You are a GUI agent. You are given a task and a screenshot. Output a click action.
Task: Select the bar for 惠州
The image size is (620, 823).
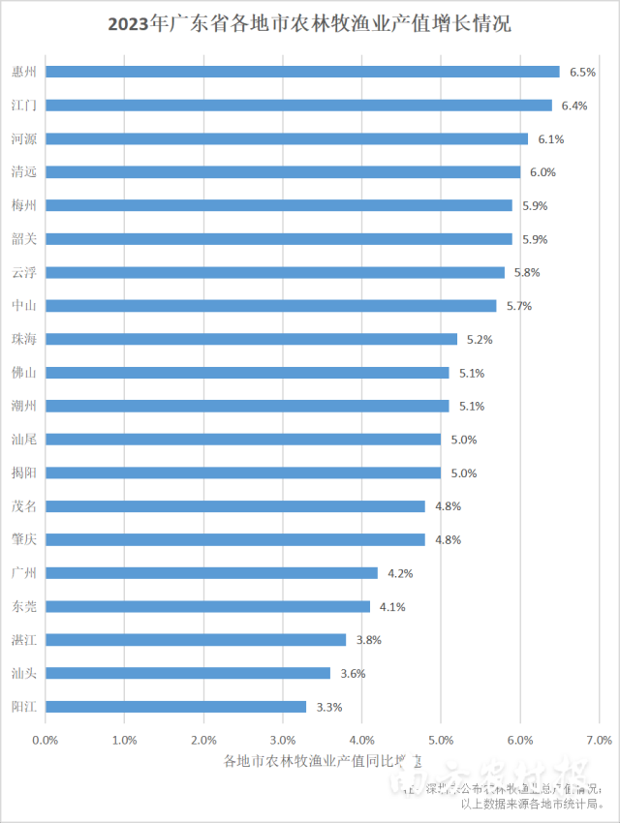click(x=302, y=72)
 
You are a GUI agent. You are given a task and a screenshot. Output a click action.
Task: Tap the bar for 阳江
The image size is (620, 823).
click(x=175, y=707)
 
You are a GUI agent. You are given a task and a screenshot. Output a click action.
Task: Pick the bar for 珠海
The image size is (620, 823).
click(x=251, y=339)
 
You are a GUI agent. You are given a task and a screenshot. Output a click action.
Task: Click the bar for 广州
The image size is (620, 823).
click(x=211, y=573)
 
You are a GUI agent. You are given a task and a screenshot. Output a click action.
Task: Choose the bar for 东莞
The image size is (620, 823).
click(x=207, y=606)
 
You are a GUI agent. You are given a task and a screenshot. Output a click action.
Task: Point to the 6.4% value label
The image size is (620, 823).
click(x=574, y=106)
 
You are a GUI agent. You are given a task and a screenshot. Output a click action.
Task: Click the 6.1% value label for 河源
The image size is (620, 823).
click(x=551, y=139)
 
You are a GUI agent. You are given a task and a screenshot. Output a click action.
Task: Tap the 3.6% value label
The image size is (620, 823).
click(x=353, y=674)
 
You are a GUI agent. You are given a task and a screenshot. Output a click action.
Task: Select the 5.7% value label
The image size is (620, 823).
click(x=519, y=306)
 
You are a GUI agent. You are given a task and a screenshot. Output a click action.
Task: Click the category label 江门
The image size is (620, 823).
click(x=24, y=106)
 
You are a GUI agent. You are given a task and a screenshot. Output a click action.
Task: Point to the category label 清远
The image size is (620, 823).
click(x=24, y=172)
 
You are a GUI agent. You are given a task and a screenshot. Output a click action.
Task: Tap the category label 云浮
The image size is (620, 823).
click(x=24, y=273)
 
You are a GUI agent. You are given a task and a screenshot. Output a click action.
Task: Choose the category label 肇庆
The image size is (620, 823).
click(x=24, y=539)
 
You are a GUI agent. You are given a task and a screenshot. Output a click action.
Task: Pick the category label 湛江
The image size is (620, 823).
click(x=24, y=640)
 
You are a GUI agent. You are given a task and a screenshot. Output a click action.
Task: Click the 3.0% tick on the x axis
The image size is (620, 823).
click(x=283, y=740)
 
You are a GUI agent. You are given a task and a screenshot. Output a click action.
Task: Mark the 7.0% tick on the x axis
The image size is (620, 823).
click(x=599, y=740)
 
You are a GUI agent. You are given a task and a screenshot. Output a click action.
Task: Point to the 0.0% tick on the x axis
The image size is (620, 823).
click(x=46, y=740)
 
